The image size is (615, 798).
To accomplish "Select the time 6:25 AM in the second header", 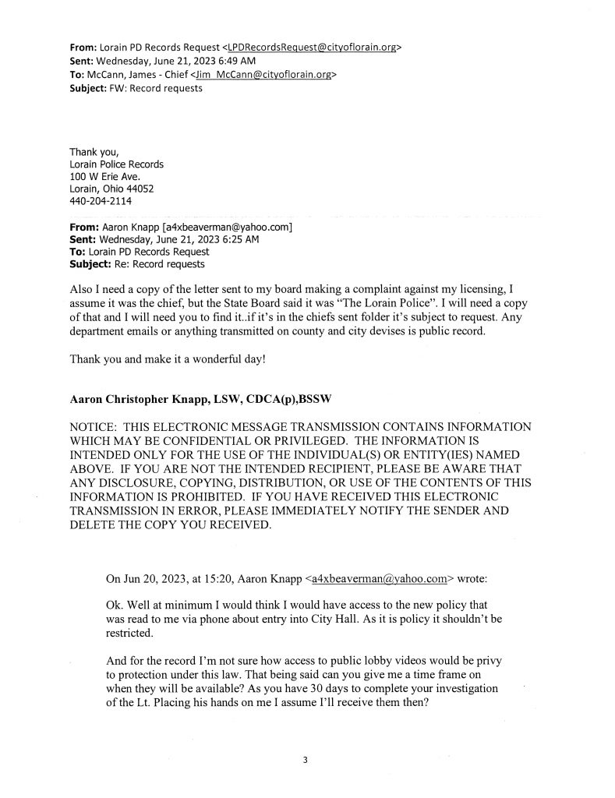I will [242, 239].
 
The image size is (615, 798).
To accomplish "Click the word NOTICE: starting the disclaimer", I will [97, 428].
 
